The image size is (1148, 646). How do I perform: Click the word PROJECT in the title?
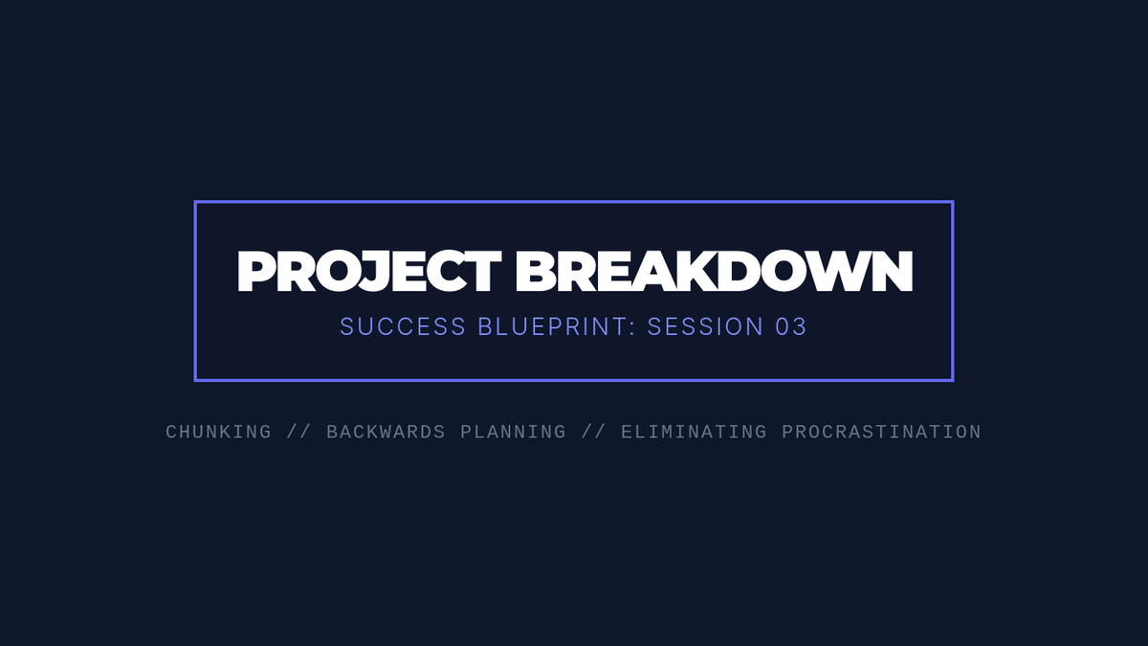point(369,272)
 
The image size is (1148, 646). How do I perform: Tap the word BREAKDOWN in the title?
point(714,272)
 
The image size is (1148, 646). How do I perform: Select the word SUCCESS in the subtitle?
point(403,326)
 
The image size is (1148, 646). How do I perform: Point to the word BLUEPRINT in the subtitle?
point(553,326)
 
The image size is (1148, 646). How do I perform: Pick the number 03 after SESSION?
point(791,326)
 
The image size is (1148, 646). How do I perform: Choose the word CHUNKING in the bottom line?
point(219,433)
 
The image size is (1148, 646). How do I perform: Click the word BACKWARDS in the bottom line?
point(386,433)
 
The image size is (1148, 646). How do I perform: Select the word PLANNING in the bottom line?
point(514,433)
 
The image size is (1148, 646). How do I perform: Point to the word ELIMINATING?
point(694,433)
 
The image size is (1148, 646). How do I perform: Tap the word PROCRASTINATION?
point(881,433)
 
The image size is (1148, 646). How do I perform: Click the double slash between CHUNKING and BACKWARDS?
point(299,433)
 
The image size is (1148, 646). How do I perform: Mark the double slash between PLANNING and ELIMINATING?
point(594,433)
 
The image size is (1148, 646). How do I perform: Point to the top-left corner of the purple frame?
point(195,202)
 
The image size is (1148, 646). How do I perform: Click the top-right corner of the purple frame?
point(953,202)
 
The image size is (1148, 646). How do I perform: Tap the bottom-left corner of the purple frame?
point(195,381)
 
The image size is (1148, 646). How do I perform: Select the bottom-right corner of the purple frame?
point(953,381)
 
